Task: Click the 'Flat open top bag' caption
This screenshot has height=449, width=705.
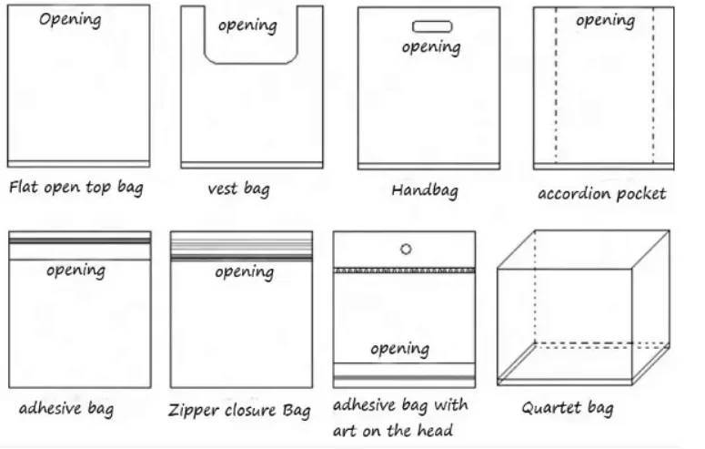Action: [x=76, y=188]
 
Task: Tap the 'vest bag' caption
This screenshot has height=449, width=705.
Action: [x=238, y=189]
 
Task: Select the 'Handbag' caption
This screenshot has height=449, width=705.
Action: [x=425, y=190]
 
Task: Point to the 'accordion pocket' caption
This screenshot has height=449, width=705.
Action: [x=602, y=194]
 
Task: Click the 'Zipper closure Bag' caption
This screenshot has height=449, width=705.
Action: [x=239, y=410]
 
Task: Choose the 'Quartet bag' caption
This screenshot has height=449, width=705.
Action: [x=568, y=408]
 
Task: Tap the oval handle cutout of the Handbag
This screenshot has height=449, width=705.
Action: [x=432, y=26]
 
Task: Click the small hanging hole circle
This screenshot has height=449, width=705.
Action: [x=406, y=249]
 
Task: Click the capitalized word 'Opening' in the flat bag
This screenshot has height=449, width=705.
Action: [x=70, y=20]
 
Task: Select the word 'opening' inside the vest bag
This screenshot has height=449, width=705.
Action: [x=247, y=26]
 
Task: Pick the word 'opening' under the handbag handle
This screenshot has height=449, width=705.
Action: [x=431, y=47]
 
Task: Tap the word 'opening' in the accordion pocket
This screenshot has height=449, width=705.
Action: [x=606, y=21]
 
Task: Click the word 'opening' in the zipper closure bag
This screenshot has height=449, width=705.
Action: [x=244, y=272]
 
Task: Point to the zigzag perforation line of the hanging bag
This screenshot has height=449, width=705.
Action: [x=404, y=270]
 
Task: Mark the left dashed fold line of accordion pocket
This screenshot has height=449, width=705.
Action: [x=556, y=85]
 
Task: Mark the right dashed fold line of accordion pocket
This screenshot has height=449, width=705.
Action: [x=653, y=85]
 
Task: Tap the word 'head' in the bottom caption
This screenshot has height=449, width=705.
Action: [x=435, y=431]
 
